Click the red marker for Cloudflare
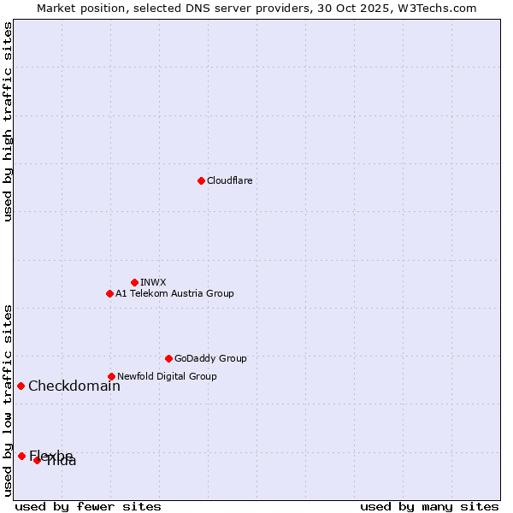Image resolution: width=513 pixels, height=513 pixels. [x=201, y=180]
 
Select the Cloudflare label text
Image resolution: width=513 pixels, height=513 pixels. [x=229, y=180]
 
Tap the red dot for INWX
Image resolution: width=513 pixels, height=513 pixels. [x=134, y=282]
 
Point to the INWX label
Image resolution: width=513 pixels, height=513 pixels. [x=153, y=282]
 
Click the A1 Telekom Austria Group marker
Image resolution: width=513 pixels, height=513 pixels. [x=109, y=293]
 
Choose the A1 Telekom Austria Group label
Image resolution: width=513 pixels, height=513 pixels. [x=174, y=293]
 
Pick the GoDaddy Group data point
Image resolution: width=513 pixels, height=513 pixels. [x=168, y=358]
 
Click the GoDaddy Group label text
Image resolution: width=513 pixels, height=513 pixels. [x=210, y=358]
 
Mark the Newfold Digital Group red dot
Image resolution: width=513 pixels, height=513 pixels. [x=111, y=376]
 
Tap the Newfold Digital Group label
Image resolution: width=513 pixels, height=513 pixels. [x=167, y=376]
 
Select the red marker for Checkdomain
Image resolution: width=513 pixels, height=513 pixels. [x=21, y=386]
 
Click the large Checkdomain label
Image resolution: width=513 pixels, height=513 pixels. [x=74, y=386]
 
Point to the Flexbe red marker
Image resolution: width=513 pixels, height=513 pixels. [x=21, y=456]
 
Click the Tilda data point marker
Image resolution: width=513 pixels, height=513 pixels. [x=37, y=460]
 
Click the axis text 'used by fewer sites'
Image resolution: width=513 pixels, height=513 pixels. [x=88, y=506]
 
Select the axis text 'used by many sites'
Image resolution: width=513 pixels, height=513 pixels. [x=429, y=506]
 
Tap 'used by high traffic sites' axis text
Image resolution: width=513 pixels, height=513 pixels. [x=9, y=121]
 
